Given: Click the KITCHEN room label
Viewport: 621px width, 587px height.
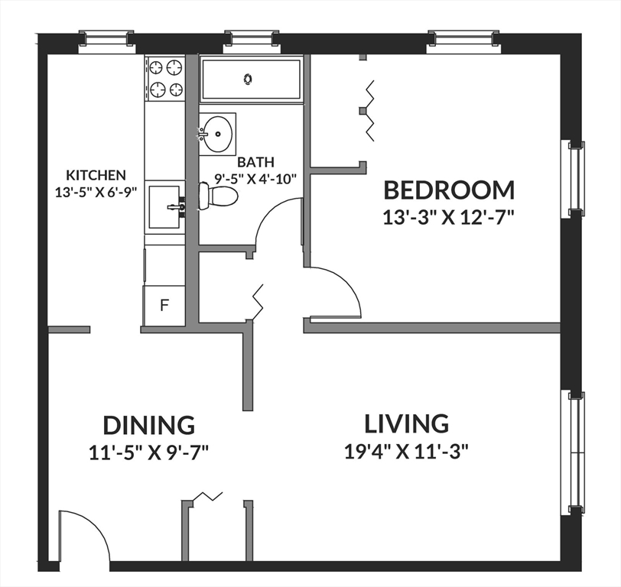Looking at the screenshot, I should coord(96,175).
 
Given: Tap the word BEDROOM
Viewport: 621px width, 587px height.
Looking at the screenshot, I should coord(449,190).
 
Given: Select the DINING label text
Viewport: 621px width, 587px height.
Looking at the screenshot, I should coord(149,425).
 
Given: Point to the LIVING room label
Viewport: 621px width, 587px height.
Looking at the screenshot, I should coord(406,423).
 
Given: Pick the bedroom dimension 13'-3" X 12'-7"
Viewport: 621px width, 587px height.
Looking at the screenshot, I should coord(449,216).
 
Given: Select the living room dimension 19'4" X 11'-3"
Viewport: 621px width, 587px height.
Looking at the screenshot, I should coord(406,450).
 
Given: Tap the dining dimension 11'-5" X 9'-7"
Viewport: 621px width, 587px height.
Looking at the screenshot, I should coord(149,452).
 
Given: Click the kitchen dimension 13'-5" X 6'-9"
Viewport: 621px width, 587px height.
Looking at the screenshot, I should coord(96,192).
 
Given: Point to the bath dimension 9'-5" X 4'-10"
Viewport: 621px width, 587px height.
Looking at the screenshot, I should coord(255,178).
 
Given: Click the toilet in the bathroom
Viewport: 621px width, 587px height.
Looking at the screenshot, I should coord(217,196).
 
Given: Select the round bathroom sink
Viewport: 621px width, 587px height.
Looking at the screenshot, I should coord(218,135).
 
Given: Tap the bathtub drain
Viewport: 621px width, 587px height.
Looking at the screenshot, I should coord(248,78).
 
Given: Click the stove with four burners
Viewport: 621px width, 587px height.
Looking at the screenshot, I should coord(165,79).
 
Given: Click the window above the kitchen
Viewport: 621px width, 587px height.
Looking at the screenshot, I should coord(106,39).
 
